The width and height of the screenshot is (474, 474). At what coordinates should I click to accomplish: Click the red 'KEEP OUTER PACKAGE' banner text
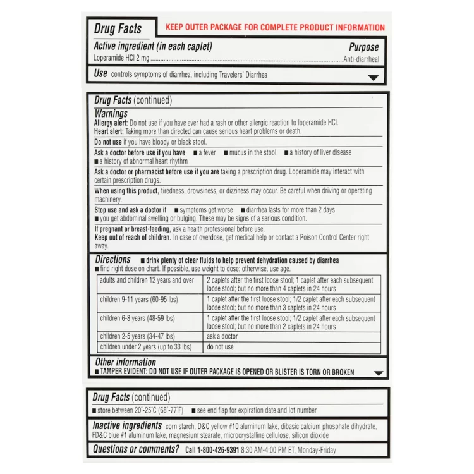pyautogui.click(x=275, y=28)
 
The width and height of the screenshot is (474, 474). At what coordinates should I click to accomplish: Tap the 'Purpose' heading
pyautogui.click(x=363, y=47)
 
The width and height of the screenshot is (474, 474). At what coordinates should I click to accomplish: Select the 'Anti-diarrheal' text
pyautogui.click(x=361, y=59)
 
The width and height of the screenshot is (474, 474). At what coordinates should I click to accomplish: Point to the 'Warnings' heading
pyautogui.click(x=111, y=114)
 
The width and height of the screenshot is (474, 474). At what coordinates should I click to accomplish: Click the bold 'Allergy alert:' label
pyautogui.click(x=111, y=123)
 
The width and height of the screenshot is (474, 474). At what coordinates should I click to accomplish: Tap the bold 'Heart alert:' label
pyautogui.click(x=109, y=131)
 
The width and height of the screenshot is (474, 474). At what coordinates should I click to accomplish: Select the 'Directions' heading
pyautogui.click(x=112, y=260)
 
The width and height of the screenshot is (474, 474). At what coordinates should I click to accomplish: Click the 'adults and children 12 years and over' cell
pyautogui.click(x=147, y=279)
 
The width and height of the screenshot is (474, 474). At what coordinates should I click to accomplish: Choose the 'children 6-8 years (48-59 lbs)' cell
pyautogui.click(x=137, y=318)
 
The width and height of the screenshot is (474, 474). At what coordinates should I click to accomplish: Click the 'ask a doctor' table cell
pyautogui.click(x=222, y=337)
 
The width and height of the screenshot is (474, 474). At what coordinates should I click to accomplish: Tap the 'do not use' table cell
pyautogui.click(x=220, y=347)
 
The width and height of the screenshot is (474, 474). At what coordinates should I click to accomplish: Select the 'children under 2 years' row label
pyautogui.click(x=145, y=347)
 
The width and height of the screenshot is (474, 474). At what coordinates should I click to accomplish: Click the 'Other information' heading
pyautogui.click(x=125, y=362)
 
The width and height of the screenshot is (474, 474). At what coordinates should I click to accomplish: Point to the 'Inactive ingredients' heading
pyautogui.click(x=127, y=426)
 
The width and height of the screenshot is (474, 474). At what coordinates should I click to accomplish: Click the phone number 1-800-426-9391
pyautogui.click(x=212, y=451)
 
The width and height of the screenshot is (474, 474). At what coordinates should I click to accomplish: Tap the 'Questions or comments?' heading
pyautogui.click(x=136, y=449)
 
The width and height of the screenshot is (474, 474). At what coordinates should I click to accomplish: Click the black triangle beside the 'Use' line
pyautogui.click(x=374, y=77)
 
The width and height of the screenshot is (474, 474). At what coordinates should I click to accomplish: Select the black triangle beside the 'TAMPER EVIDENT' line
pyautogui.click(x=378, y=373)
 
